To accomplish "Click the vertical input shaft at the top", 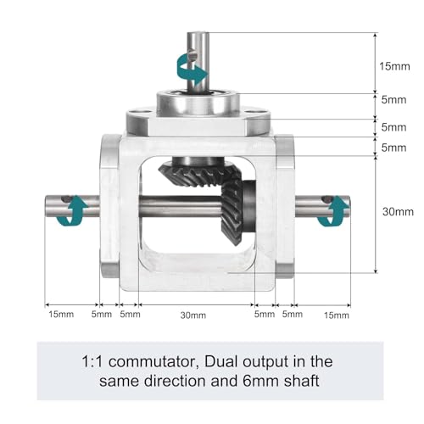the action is (198, 62).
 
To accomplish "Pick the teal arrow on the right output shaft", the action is (334, 211).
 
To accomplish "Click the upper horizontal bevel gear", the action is (199, 174).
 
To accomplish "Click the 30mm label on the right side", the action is (398, 211).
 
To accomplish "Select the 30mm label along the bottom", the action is (193, 315).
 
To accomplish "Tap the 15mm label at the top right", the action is (394, 66).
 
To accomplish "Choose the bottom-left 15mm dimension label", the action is (61, 314).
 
